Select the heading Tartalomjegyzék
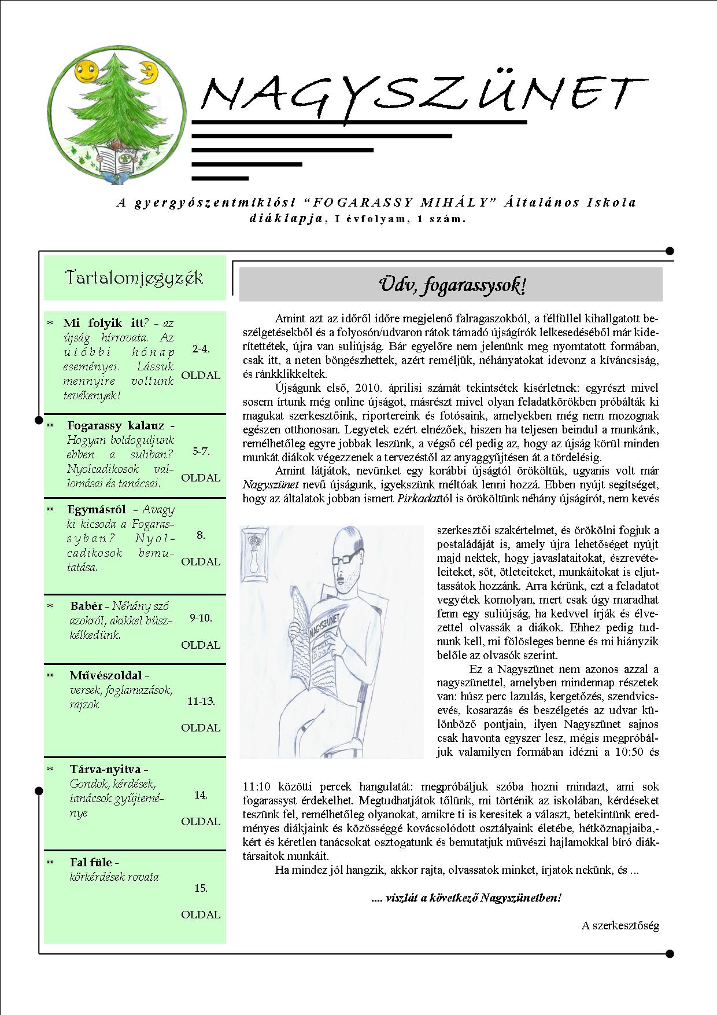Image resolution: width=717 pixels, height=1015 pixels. click(x=134, y=278)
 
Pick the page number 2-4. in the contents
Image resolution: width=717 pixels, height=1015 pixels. click(x=201, y=349)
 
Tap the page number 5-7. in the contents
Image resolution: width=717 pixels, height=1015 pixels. click(x=201, y=451)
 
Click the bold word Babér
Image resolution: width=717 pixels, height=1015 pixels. click(x=86, y=606)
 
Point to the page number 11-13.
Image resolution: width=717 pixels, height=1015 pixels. click(x=201, y=701)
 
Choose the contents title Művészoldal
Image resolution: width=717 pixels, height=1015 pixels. click(x=106, y=675)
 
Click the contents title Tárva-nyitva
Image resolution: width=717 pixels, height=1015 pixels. click(x=105, y=770)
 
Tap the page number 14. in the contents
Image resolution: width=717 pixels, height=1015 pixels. click(x=201, y=795)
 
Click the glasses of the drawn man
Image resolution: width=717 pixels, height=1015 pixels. click(x=345, y=557)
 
